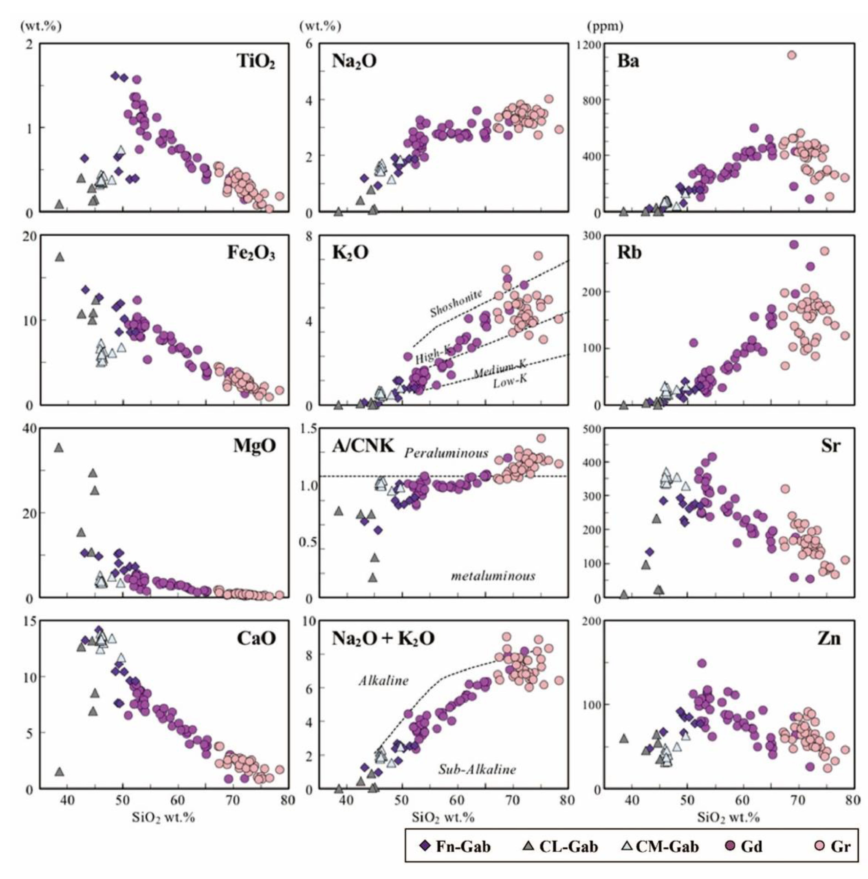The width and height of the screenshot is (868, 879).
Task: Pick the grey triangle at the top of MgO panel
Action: click(59, 447)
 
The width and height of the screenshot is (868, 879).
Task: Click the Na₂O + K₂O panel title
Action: click(383, 639)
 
